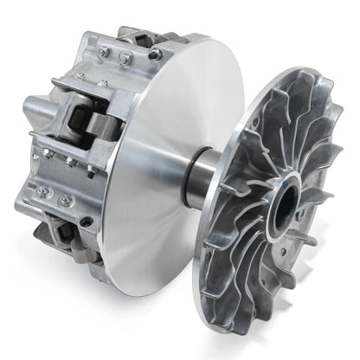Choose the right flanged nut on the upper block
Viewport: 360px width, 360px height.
(x=126, y=60)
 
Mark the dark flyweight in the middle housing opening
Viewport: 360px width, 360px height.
(x=87, y=121)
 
